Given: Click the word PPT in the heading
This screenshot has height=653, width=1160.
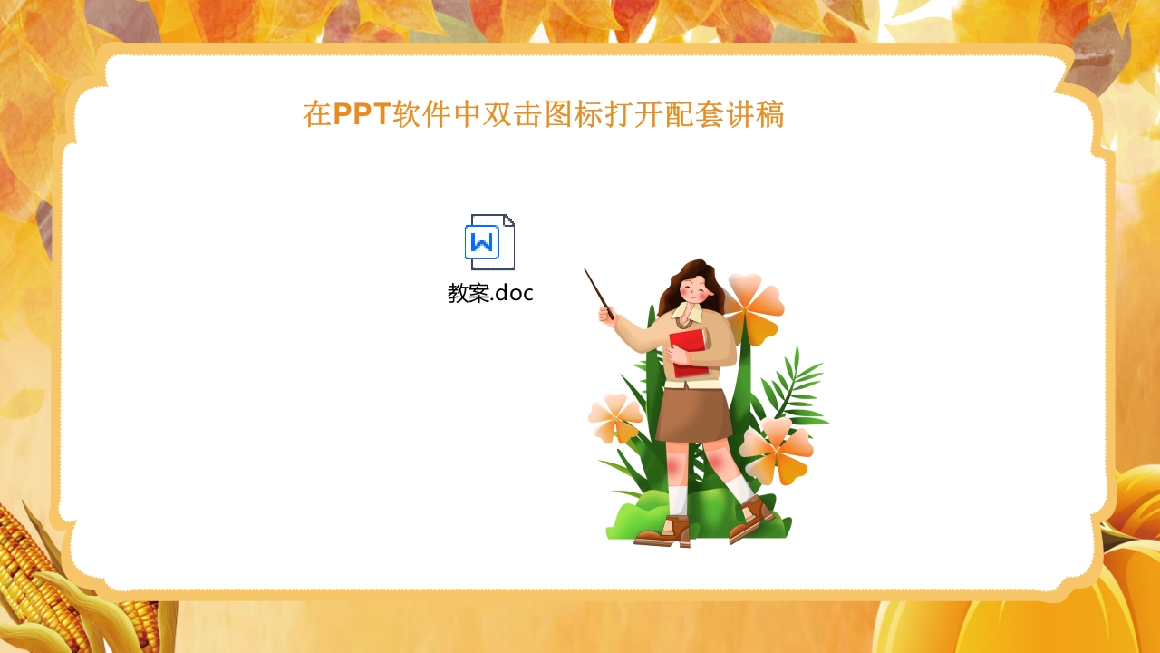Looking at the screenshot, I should pyautogui.click(x=362, y=115).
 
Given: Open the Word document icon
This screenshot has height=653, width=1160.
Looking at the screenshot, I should pyautogui.click(x=489, y=242).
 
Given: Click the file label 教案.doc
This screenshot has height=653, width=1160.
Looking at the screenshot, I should pyautogui.click(x=490, y=293).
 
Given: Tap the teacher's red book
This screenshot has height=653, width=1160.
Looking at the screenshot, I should pyautogui.click(x=689, y=352).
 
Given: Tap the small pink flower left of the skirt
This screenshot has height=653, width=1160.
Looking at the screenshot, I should pyautogui.click(x=615, y=417).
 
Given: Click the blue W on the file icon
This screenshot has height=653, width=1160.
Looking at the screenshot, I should pyautogui.click(x=482, y=242).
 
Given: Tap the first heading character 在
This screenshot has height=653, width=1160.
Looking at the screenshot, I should pyautogui.click(x=317, y=115).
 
